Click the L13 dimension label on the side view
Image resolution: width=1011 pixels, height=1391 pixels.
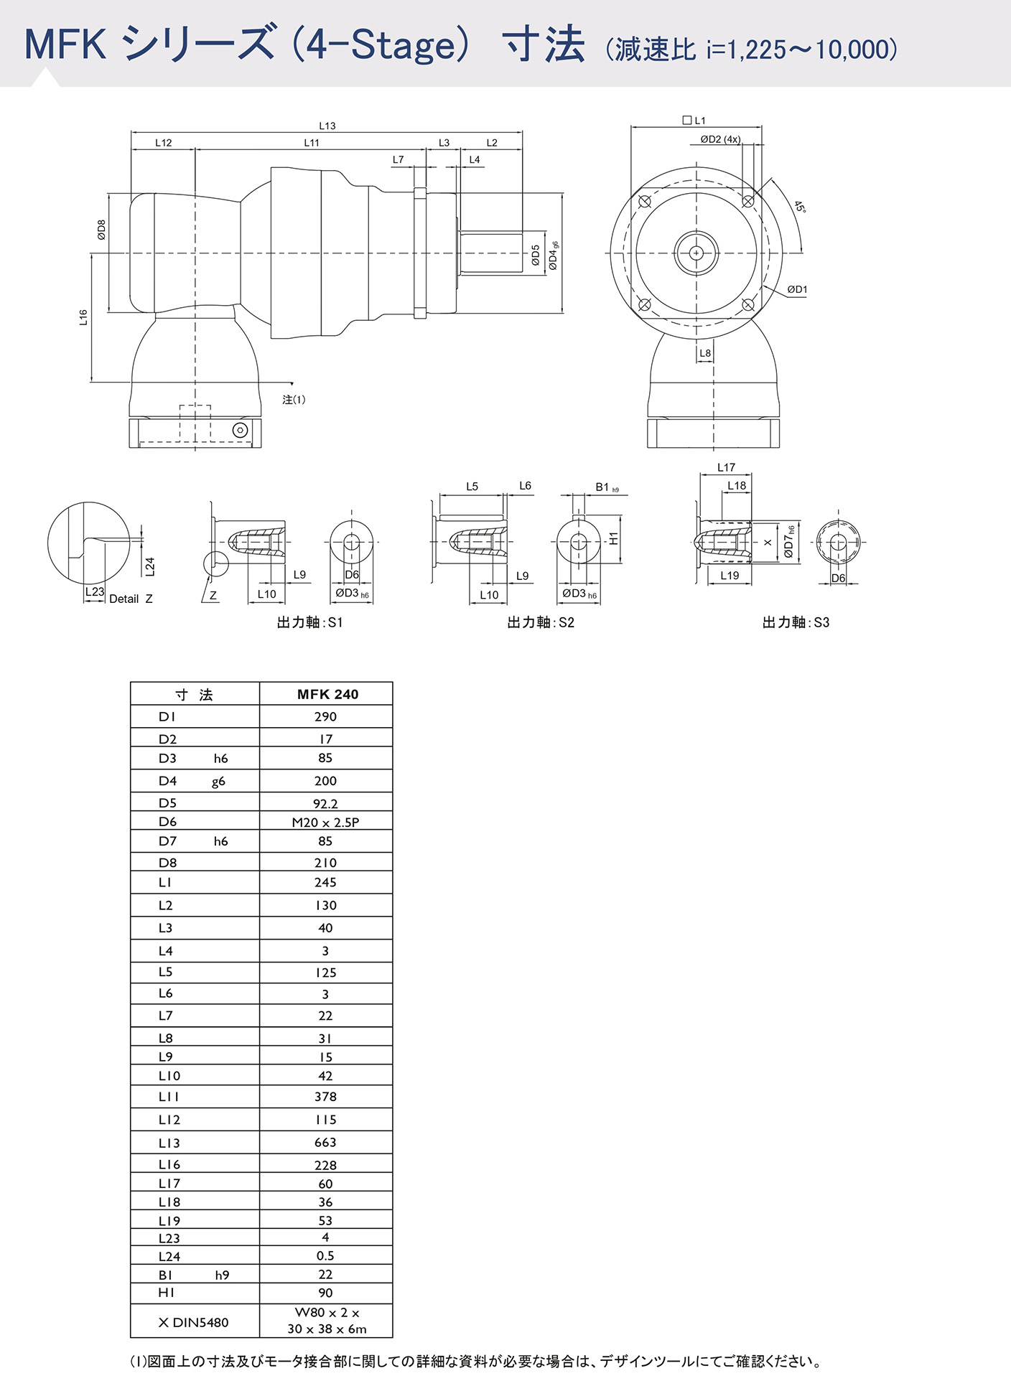click(327, 126)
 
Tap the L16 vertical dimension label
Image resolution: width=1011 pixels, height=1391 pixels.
click(83, 317)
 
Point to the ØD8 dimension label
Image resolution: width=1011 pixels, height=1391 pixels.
click(101, 230)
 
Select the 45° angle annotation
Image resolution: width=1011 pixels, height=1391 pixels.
click(800, 207)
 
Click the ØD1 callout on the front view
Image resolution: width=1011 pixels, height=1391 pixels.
click(797, 289)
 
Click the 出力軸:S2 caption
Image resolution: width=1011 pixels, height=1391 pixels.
click(541, 622)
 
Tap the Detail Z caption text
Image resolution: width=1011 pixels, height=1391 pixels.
click(131, 599)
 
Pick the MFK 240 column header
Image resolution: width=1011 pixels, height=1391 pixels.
click(327, 694)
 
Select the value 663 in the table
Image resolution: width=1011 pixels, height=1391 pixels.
click(325, 1142)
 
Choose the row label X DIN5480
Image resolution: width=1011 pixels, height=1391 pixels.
click(193, 1322)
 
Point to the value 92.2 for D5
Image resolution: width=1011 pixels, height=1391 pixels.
click(325, 804)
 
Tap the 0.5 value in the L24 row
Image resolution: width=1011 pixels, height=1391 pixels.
click(325, 1255)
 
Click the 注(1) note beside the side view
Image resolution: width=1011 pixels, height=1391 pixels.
click(294, 400)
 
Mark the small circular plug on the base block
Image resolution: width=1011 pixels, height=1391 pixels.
click(241, 430)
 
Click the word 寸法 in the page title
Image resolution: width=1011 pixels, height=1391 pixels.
click(544, 45)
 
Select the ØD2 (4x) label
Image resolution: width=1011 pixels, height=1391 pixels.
click(720, 139)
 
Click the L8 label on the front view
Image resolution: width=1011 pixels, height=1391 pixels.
click(705, 353)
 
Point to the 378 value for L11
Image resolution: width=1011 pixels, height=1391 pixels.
click(325, 1096)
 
